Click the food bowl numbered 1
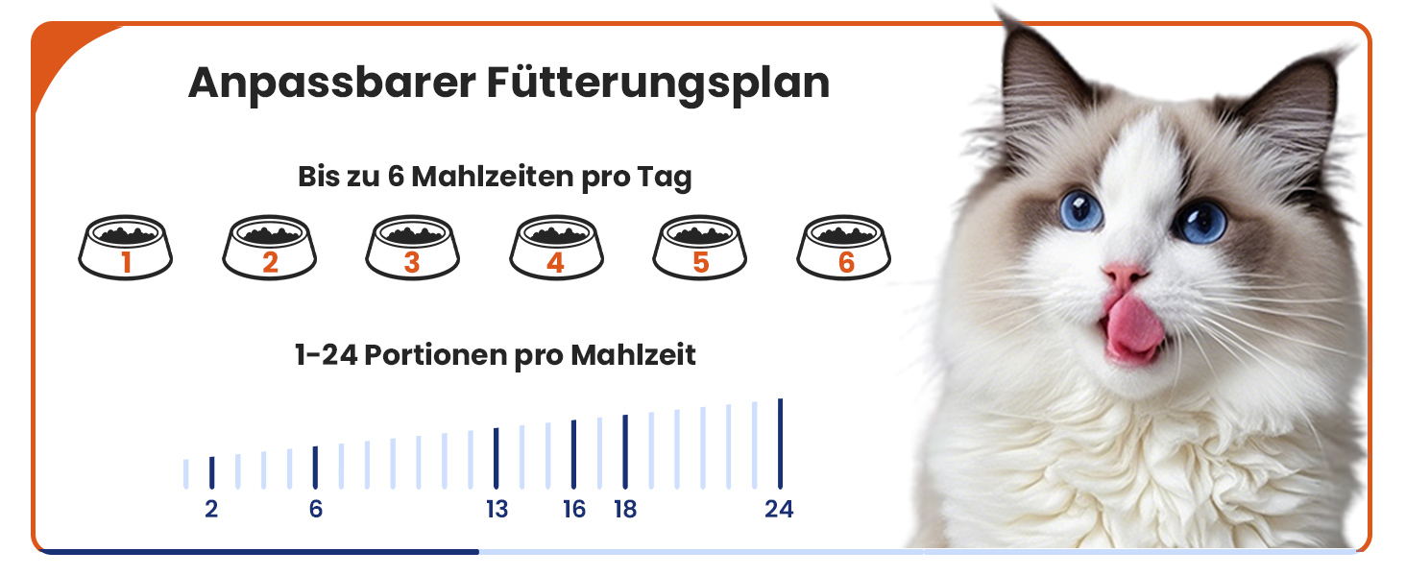pyautogui.click(x=126, y=248)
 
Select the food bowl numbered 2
pyautogui.click(x=269, y=248)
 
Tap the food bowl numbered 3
pyautogui.click(x=412, y=248)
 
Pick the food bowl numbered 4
pyautogui.click(x=556, y=248)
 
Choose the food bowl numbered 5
pyautogui.click(x=700, y=248)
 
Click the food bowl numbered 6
pyautogui.click(x=843, y=248)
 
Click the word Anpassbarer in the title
pyautogui.click(x=332, y=84)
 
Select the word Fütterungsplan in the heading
pyautogui.click(x=659, y=84)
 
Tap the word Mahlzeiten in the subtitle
pyautogui.click(x=492, y=177)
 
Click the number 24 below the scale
pyautogui.click(x=779, y=509)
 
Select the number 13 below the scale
pyautogui.click(x=497, y=509)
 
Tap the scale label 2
pyautogui.click(x=211, y=509)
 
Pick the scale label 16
pyautogui.click(x=573, y=509)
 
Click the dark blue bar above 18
pyautogui.click(x=625, y=452)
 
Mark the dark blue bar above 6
pyautogui.click(x=315, y=468)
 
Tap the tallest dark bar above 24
pyautogui.click(x=780, y=444)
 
